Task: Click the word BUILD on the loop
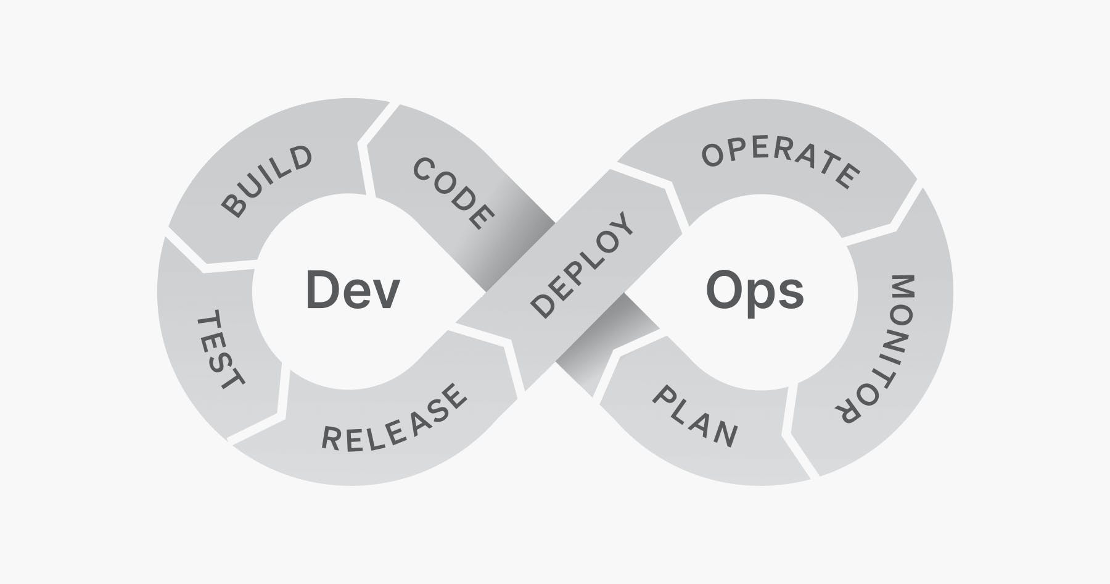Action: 267,181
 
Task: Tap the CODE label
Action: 454,193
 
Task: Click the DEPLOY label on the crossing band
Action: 582,265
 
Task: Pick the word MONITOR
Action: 874,349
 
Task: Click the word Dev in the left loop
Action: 353,290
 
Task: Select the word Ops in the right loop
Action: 755,292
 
